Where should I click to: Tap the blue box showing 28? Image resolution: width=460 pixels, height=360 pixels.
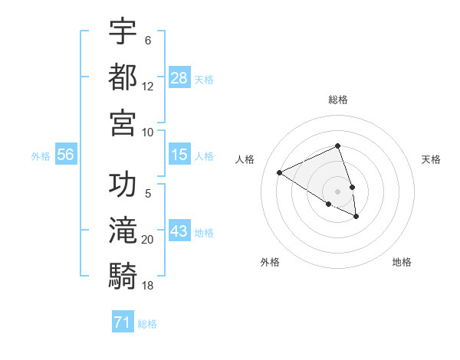pyautogui.click(x=179, y=78)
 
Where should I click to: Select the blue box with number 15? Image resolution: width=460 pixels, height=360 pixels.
pyautogui.click(x=179, y=155)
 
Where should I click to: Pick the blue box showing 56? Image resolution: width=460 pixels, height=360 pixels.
pyautogui.click(x=66, y=155)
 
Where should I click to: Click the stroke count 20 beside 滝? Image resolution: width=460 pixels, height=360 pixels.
pyautogui.click(x=148, y=240)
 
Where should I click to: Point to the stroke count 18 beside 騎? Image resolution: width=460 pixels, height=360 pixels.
pyautogui.click(x=148, y=285)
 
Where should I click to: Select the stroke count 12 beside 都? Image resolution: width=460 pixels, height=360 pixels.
pyautogui.click(x=148, y=87)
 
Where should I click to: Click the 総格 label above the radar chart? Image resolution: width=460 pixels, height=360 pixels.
pyautogui.click(x=338, y=100)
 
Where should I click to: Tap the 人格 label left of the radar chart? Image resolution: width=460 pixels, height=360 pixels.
pyautogui.click(x=245, y=159)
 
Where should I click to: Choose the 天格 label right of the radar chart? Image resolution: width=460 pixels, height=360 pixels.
pyautogui.click(x=431, y=159)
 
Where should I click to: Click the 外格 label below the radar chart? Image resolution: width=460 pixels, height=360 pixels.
pyautogui.click(x=270, y=262)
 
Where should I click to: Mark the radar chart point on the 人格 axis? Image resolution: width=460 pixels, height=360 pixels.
pyautogui.click(x=280, y=172)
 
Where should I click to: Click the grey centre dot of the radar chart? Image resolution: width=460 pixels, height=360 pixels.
pyautogui.click(x=338, y=191)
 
